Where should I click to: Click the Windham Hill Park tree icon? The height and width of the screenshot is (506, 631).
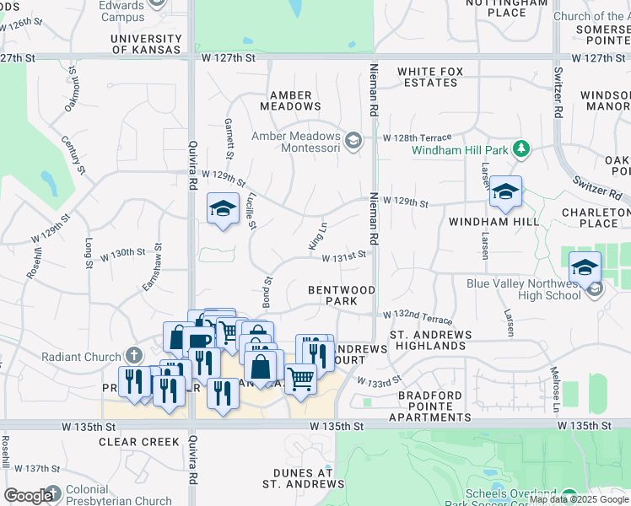tap(522, 150)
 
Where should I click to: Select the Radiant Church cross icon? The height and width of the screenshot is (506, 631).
tap(133, 354)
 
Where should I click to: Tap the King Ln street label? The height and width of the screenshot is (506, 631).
tap(317, 237)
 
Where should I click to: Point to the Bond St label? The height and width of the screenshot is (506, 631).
tap(267, 291)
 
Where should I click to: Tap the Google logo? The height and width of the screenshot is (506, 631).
tap(28, 496)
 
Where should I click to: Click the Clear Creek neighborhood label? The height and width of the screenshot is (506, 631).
tap(139, 442)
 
